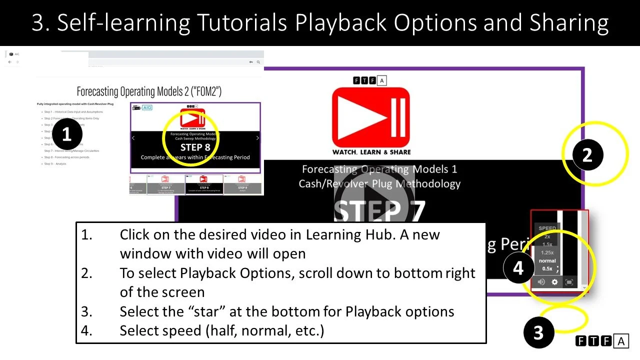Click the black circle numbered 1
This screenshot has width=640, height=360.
click(66, 134)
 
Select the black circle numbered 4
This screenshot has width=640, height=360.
click(518, 268)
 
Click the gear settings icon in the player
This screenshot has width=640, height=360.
click(554, 282)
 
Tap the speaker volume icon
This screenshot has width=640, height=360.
click(541, 282)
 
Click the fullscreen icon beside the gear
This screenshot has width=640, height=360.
click(569, 282)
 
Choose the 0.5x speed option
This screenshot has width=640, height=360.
click(547, 268)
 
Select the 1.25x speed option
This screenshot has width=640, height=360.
click(547, 252)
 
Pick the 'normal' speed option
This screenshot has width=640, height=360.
click(547, 260)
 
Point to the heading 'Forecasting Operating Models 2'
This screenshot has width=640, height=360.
click(149, 91)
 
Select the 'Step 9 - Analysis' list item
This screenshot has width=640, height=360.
click(55, 163)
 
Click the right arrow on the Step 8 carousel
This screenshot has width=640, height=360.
click(257, 138)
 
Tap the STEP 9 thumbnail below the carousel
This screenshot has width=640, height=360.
click(242, 184)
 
